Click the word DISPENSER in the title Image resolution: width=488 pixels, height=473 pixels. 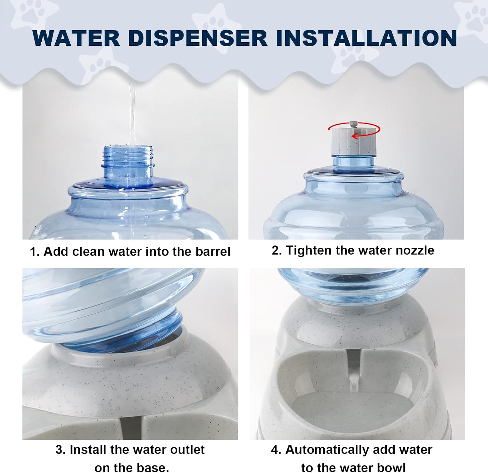click(198, 38)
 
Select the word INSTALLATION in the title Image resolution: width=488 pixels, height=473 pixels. click(366, 38)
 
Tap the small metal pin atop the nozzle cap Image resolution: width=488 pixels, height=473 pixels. click(353, 124)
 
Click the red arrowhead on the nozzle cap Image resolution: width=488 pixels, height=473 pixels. click(355, 136)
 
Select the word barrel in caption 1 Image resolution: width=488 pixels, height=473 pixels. click(213, 252)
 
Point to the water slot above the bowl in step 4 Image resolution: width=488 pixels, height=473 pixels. click(353, 367)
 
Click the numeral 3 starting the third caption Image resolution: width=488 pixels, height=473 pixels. click(59, 450)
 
